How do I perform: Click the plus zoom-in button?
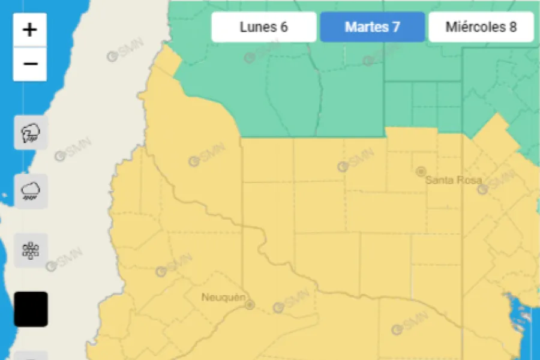(30, 29)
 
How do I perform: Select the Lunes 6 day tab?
(263, 27)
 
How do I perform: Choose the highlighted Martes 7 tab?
(372, 27)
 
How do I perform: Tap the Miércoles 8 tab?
(481, 27)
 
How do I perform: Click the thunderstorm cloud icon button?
(31, 133)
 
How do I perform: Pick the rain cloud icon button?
(31, 191)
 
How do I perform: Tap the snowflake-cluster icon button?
(31, 250)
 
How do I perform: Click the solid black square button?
(31, 309)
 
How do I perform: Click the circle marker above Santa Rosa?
(421, 171)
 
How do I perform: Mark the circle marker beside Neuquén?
(250, 305)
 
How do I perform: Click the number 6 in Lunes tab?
(284, 27)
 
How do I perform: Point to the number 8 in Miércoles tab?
(513, 27)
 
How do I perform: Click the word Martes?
(365, 27)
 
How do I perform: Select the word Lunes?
(257, 27)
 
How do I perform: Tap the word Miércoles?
(475, 27)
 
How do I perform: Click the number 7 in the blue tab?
(396, 27)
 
